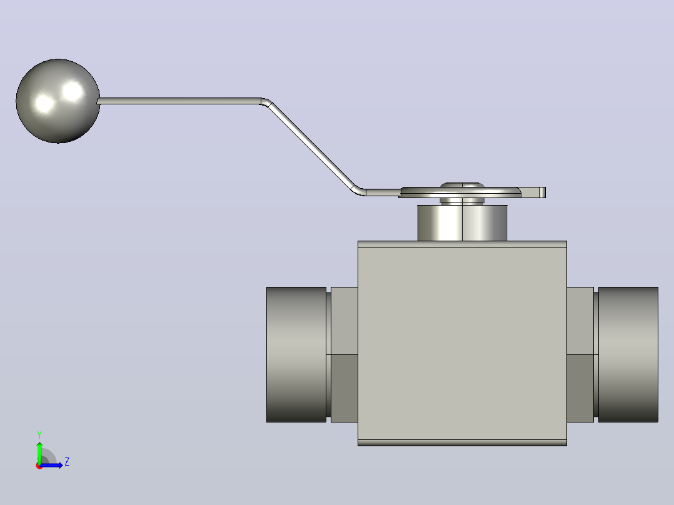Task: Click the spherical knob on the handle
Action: [58, 101]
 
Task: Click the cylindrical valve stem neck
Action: [462, 222]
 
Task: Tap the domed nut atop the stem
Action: [462, 186]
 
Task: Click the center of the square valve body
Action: [462, 343]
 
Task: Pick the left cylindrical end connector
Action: [296, 354]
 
